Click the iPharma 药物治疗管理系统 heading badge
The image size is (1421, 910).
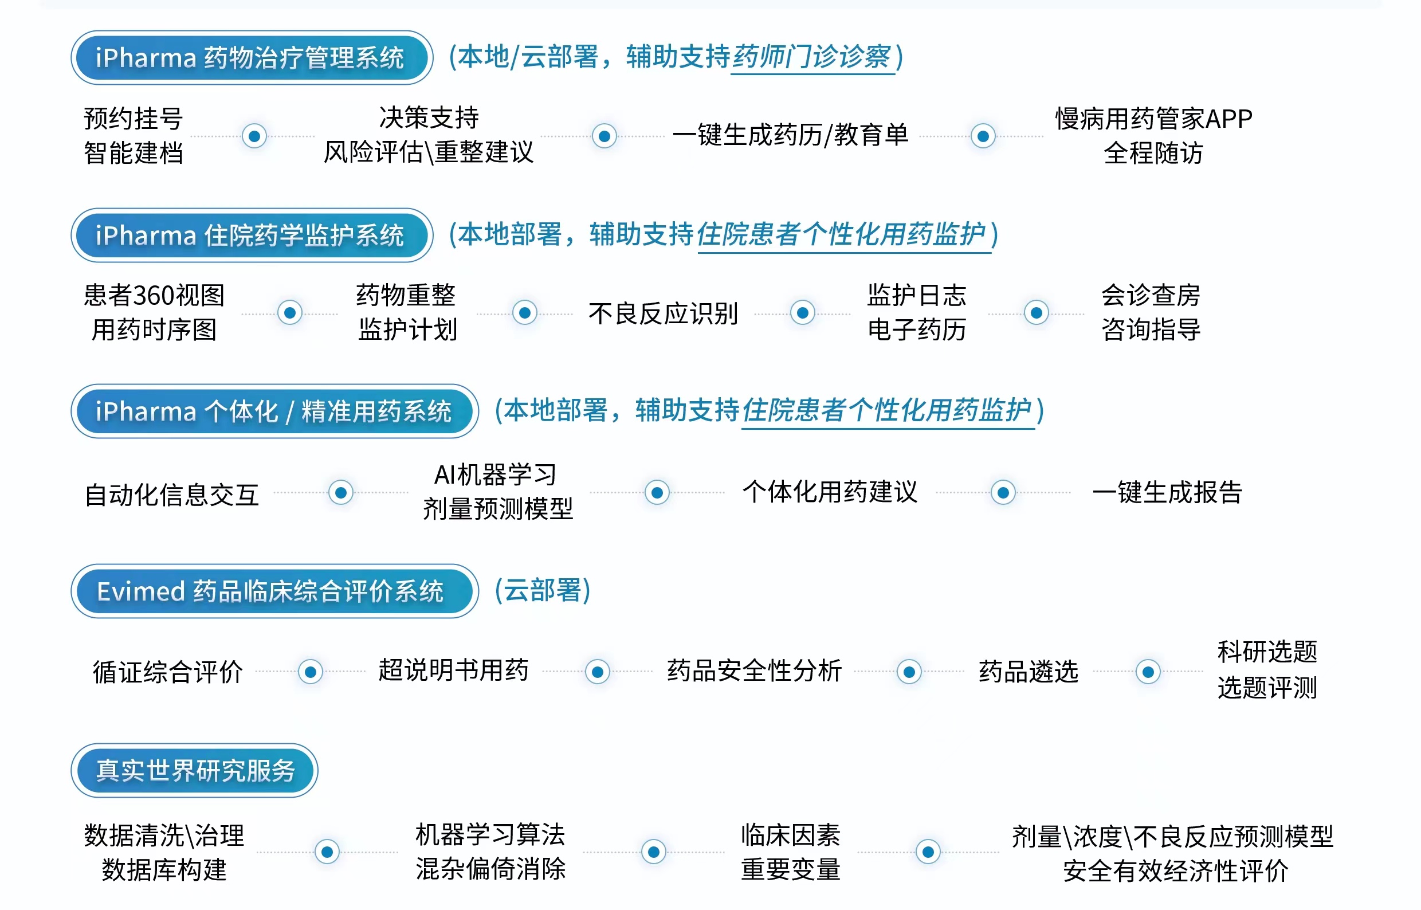[x=252, y=57]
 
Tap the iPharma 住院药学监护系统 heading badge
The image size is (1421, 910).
[x=252, y=234]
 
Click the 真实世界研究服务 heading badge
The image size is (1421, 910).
[x=194, y=770]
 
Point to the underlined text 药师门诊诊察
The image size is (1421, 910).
[x=812, y=57]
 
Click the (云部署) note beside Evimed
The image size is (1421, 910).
[x=543, y=590]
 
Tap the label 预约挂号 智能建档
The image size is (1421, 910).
[x=134, y=135]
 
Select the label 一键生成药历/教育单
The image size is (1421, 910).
[x=791, y=135]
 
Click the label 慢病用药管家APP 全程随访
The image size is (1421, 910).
[x=1154, y=135]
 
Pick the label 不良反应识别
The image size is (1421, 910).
[x=663, y=313]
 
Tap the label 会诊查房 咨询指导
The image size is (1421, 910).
[x=1151, y=312]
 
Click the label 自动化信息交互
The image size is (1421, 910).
[x=172, y=494]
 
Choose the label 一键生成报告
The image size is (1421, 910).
[x=1168, y=492]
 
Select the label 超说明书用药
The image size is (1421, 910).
[x=453, y=670]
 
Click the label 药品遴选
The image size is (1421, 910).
[x=1029, y=671]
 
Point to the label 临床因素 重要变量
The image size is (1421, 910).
[x=791, y=852]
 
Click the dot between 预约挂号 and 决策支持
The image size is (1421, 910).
[x=254, y=136]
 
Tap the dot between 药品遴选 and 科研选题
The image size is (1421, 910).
[x=1148, y=671]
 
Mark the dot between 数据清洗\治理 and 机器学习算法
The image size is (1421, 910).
[x=327, y=852]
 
